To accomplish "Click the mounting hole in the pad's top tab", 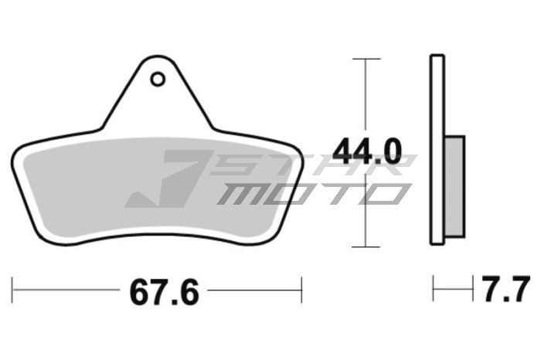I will click(158, 79).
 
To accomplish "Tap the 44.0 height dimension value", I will click(367, 152).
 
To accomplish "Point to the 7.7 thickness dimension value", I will click(506, 290).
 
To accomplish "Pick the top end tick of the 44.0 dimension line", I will click(366, 58).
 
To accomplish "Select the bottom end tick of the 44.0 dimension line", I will click(366, 247).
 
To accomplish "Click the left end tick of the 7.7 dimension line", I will click(434, 290).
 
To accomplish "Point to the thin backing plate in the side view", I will click(437, 147).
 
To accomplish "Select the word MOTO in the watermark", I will click(309, 193).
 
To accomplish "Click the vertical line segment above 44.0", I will click(366, 93).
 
